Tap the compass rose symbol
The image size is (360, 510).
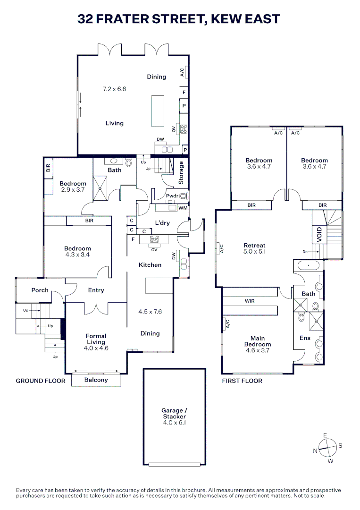tap(327, 448)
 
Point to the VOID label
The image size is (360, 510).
tap(319, 234)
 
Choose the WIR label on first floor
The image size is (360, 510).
tap(250, 301)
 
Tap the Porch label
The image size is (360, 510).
tap(40, 290)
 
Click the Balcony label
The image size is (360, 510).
tap(96, 380)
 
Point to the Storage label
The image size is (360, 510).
tap(181, 173)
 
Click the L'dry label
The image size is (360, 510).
tap(162, 223)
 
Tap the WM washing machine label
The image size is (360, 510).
tap(183, 208)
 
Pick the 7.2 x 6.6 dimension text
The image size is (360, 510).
tap(114, 89)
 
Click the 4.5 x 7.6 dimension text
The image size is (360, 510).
tap(150, 312)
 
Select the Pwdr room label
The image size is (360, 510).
tap(172, 196)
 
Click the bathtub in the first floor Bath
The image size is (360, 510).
tap(309, 266)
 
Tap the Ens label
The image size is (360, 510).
tap(305, 338)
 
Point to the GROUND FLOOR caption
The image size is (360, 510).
tap(41, 381)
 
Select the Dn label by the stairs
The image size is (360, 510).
tap(305, 252)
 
